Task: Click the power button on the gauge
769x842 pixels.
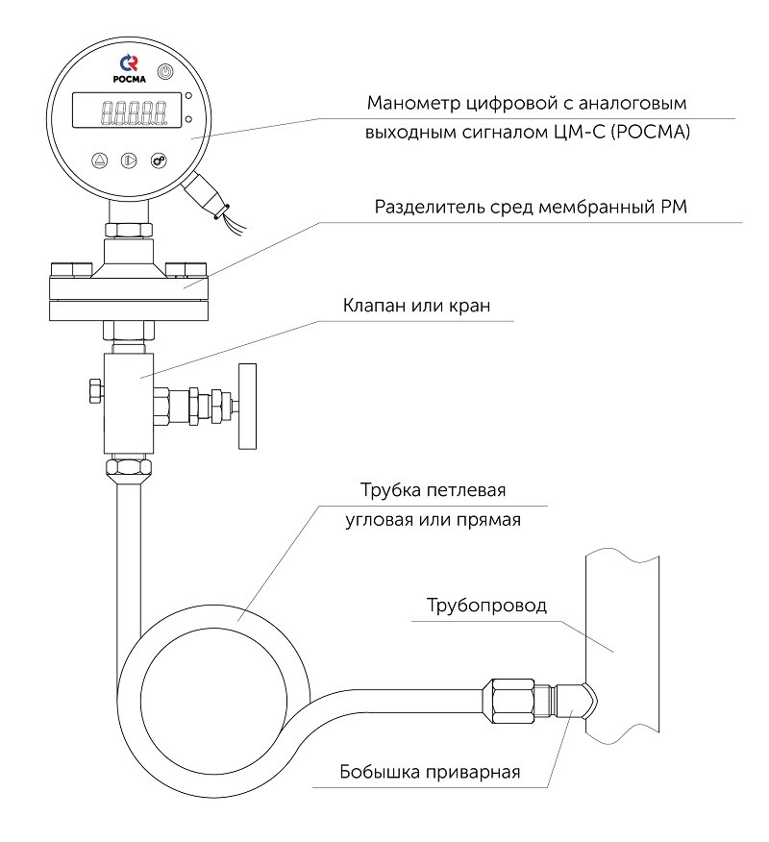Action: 165,72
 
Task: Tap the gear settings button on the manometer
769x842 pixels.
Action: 160,161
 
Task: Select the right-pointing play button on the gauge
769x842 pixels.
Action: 130,161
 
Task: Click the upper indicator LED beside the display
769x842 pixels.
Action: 188,96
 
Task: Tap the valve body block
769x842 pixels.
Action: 129,404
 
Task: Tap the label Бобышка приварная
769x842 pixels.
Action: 429,772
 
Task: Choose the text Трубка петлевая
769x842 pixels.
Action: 433,490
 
